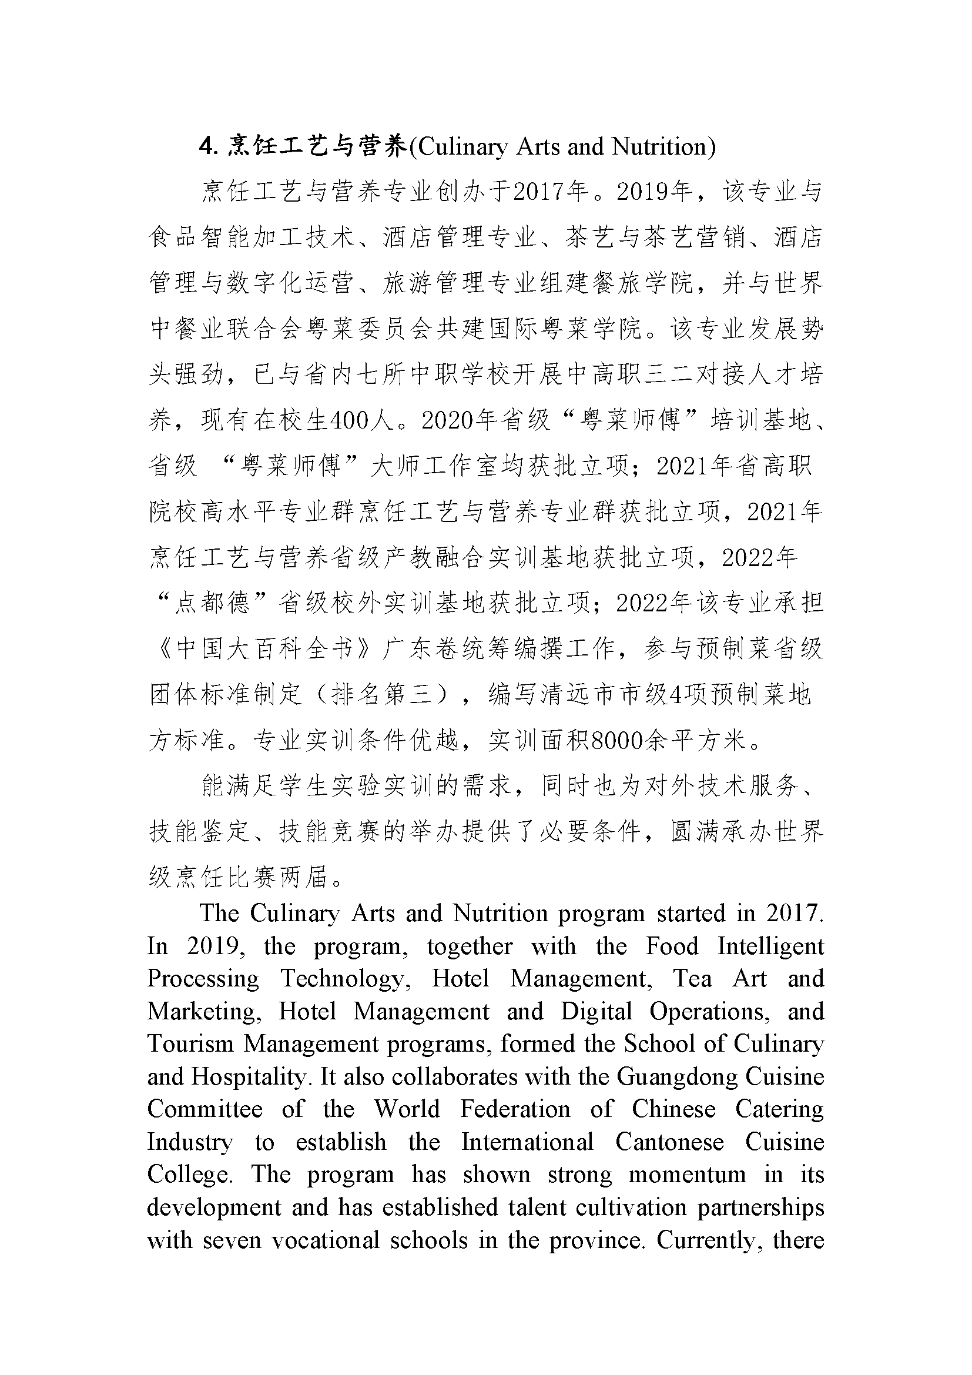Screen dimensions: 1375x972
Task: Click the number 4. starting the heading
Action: point(207,147)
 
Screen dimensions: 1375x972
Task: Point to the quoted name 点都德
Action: point(213,603)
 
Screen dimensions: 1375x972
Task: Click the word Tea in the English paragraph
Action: point(692,978)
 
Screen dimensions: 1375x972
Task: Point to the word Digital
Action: point(596,1011)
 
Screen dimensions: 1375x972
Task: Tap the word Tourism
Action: point(190,1043)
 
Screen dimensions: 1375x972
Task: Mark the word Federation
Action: point(515,1109)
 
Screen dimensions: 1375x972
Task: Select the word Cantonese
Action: point(669,1142)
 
